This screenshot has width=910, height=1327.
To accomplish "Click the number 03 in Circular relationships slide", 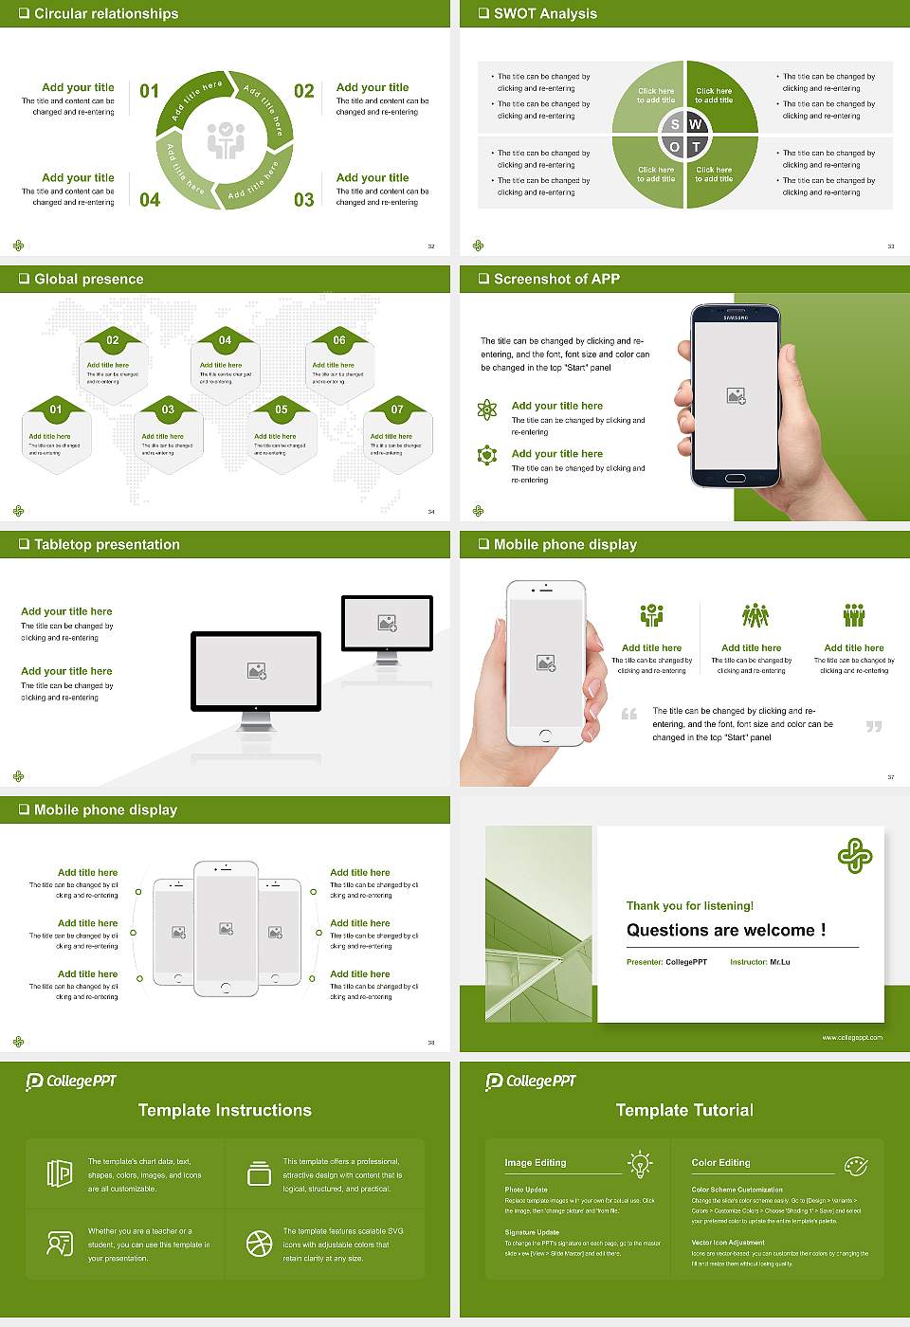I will click(x=303, y=200).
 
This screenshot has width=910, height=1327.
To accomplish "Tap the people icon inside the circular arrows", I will click(x=226, y=139).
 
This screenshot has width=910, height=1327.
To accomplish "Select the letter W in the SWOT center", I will click(x=695, y=124).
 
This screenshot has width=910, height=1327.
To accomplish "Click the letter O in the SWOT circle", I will click(x=674, y=147).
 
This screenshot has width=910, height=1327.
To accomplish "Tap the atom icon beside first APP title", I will click(x=487, y=409).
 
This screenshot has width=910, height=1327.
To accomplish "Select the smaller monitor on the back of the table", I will click(x=387, y=623).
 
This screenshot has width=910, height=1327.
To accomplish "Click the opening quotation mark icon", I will click(x=628, y=714).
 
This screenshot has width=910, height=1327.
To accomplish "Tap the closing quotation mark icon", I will click(x=873, y=726).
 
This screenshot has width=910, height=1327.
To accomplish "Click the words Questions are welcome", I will click(x=725, y=930).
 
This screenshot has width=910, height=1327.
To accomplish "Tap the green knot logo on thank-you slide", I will click(x=854, y=855).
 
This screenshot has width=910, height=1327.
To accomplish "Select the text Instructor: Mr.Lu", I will click(x=759, y=962).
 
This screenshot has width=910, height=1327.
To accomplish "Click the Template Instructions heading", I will click(x=225, y=1110).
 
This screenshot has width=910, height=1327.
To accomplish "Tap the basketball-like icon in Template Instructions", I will click(x=259, y=1244).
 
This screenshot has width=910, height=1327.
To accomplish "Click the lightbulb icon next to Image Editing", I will click(x=640, y=1163).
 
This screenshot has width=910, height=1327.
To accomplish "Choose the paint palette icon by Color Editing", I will click(x=855, y=1165).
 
